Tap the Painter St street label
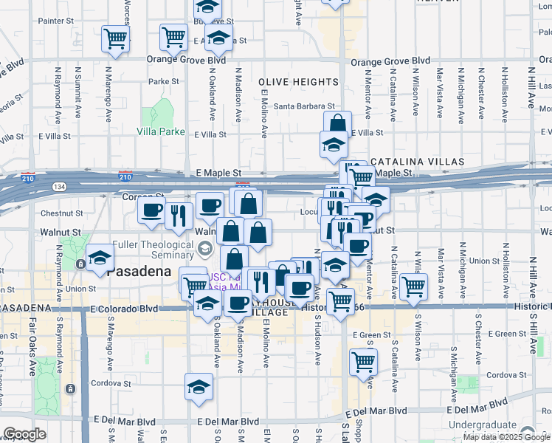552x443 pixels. coord(55,21)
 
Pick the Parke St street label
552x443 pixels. coord(164,82)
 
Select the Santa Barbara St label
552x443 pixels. coord(304,106)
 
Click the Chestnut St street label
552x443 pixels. coord(58,213)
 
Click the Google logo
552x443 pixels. coord(24,434)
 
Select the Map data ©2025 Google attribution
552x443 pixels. coord(506,437)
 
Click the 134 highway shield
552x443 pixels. coord(58,187)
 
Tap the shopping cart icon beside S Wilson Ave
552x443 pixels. coord(413,286)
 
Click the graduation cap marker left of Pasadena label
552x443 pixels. coord(100,257)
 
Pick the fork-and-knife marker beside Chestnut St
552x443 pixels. coord(178,213)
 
